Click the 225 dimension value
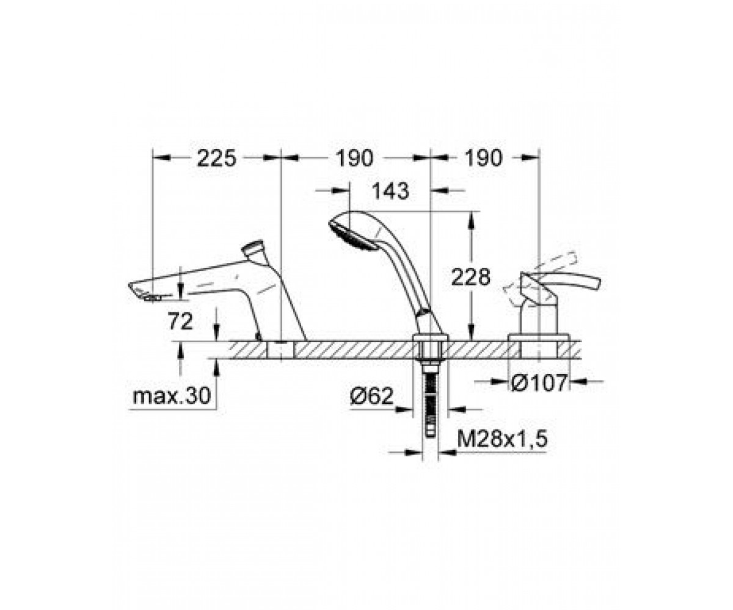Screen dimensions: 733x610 [217, 158]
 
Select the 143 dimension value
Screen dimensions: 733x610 [390, 191]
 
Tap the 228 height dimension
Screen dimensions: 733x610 [470, 277]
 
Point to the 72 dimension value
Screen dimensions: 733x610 [180, 321]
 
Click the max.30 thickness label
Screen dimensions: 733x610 [172, 396]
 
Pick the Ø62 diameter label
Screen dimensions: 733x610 [371, 396]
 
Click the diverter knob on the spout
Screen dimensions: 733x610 [253, 249]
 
